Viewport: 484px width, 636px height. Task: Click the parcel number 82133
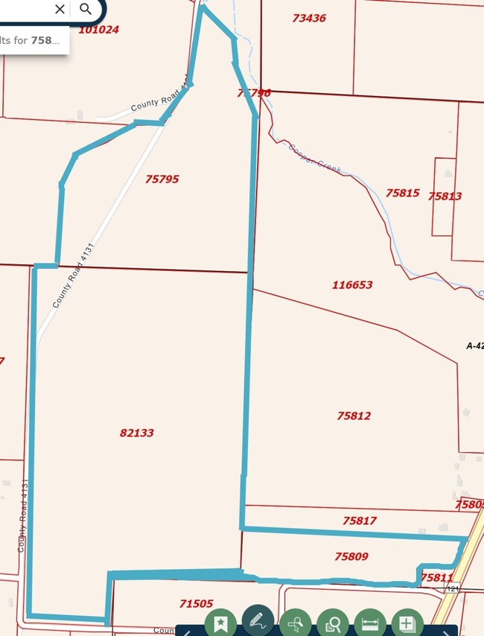(x=136, y=433)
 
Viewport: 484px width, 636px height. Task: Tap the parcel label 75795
(x=162, y=179)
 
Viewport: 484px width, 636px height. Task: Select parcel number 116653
(x=352, y=284)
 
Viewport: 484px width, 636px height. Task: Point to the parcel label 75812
(x=354, y=416)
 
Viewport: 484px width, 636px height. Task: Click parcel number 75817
(x=360, y=521)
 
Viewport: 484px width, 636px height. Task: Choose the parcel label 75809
(x=351, y=556)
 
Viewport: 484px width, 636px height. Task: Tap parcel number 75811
(x=436, y=577)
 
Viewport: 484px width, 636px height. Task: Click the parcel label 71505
(x=197, y=604)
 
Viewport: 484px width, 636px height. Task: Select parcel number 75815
(x=402, y=193)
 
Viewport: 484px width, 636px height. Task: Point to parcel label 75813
(x=445, y=197)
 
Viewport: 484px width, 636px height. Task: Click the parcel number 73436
(x=309, y=18)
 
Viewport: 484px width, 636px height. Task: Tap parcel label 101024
(x=98, y=30)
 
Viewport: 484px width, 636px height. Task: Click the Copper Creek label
(x=314, y=158)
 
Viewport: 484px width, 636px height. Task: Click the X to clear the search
(x=60, y=9)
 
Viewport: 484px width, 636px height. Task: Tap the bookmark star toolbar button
(x=220, y=623)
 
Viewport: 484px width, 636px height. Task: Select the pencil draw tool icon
(x=258, y=620)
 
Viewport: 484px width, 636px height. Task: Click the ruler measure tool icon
(x=370, y=623)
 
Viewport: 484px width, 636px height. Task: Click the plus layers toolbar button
(x=407, y=623)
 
